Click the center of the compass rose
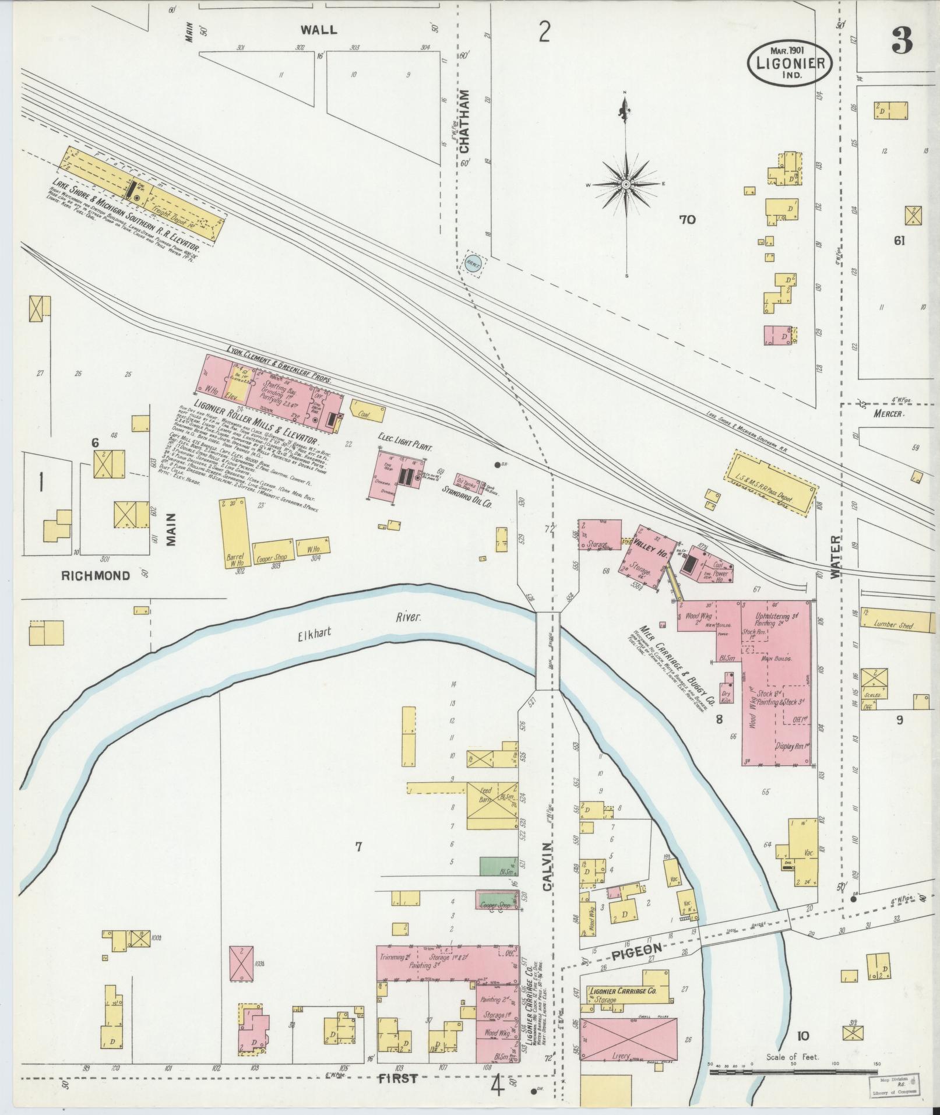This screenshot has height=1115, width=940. pos(625,184)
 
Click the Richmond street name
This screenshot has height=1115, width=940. pos(96,575)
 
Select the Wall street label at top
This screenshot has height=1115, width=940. pos(318,29)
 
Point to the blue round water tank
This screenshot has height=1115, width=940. pos(473,263)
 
